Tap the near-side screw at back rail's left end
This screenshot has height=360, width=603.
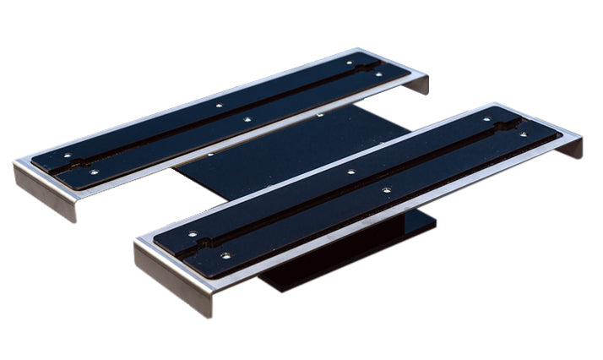point(93,172)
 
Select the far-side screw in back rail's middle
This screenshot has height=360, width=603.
point(218,106)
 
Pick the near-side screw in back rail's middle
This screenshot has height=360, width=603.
point(247,119)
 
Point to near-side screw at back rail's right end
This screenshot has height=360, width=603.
point(378,74)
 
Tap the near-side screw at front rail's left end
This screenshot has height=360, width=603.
point(225,254)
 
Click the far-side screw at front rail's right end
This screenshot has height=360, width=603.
point(488,120)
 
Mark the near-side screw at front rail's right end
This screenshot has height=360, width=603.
point(522,134)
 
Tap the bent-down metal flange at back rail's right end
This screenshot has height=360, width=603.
point(420,85)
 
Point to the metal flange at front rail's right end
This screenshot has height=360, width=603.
point(573,145)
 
